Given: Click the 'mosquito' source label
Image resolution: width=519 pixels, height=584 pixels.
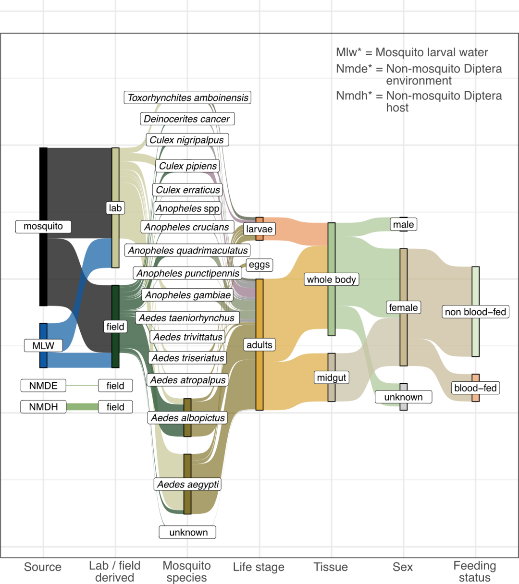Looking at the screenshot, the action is click(43, 226).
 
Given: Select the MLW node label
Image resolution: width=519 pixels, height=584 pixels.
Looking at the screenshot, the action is click(43, 345).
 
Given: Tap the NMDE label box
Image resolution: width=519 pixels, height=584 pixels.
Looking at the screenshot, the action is click(43, 386).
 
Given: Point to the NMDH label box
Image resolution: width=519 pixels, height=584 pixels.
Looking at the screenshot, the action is click(43, 407).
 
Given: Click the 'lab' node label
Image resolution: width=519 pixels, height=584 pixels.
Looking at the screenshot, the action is click(115, 208).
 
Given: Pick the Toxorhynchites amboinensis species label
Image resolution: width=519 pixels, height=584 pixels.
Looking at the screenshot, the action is click(188, 97).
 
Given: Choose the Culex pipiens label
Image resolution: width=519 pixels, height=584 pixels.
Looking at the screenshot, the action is click(188, 166).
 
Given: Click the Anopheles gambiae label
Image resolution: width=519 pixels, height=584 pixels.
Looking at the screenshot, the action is click(188, 295).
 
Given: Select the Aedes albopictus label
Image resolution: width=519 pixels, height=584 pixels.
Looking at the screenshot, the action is click(188, 418).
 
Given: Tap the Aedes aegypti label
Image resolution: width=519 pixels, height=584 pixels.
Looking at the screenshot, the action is click(188, 484).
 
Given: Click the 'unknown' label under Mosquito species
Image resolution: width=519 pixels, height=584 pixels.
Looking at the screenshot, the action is click(188, 532).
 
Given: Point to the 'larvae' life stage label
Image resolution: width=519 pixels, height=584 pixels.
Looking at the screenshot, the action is click(259, 229).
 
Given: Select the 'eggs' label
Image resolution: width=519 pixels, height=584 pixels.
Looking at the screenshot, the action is click(259, 265).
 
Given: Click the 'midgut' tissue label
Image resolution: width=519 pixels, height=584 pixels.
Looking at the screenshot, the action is click(332, 377).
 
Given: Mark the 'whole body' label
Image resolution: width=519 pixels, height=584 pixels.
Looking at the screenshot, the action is click(332, 280).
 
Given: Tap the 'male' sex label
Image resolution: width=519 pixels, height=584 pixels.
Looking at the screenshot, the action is click(403, 224).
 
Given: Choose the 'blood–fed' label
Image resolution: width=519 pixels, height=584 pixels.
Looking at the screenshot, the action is click(475, 388).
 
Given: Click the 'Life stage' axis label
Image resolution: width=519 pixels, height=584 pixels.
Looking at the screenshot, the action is click(259, 567).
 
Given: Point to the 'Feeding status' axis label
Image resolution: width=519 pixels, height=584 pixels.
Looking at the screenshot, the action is click(475, 572).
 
